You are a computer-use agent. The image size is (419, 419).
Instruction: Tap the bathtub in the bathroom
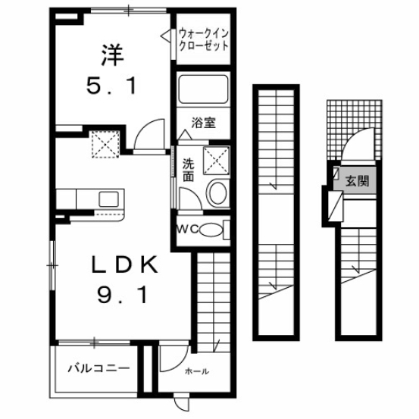pos(202,92)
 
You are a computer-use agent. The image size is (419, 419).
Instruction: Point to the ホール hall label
pos(196,371)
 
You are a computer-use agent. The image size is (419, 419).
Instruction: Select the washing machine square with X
pos(214,159)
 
